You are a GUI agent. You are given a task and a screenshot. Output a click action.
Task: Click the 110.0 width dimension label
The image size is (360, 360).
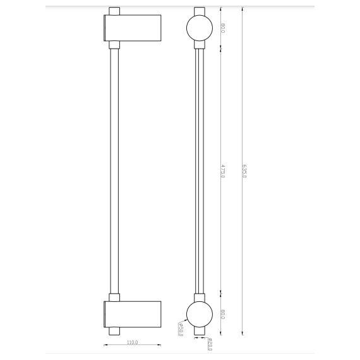[132, 342]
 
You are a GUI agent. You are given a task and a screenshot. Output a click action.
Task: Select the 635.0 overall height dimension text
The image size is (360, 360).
[244, 171]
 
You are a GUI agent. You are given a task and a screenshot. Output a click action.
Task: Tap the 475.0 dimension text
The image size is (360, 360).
[223, 171]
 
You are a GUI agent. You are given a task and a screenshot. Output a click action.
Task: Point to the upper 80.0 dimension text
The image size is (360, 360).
[223, 28]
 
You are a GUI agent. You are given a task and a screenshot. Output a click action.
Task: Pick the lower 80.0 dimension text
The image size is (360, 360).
[223, 314]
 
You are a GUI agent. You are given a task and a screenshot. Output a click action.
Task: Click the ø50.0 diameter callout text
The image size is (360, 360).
[180, 329]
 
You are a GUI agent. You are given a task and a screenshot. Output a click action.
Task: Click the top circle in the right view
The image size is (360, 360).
[198, 28]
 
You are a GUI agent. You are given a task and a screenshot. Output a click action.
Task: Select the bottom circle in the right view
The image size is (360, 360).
[198, 314]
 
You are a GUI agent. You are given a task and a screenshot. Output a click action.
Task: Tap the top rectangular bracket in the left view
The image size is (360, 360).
[132, 28]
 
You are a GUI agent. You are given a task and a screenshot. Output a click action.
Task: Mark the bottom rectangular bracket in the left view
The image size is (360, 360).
[132, 314]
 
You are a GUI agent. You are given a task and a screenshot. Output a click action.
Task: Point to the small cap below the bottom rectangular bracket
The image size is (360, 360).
[114, 330]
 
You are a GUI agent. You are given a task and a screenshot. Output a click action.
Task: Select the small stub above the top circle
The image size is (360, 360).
[198, 11]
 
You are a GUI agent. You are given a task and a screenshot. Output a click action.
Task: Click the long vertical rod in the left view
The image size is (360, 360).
[114, 171]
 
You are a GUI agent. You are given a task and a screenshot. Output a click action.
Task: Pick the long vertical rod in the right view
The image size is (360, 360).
[198, 171]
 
